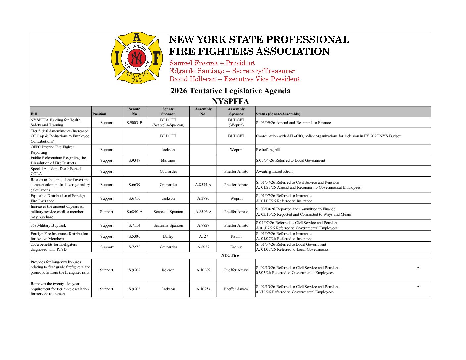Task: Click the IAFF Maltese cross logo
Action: [136, 58]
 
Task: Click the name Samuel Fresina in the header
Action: [194, 63]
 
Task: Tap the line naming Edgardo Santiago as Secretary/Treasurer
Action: [232, 71]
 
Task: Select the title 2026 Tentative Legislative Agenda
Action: [230, 91]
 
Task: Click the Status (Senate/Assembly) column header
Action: [278, 114]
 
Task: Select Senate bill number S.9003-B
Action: [134, 123]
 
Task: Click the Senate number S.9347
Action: [134, 160]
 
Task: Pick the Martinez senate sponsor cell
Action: [168, 160]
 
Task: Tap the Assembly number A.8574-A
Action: [203, 185]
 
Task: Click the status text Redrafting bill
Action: [268, 150]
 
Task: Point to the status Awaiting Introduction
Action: [274, 171]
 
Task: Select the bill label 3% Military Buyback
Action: [48, 225]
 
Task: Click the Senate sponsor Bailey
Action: [168, 236]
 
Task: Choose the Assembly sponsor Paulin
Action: [236, 236]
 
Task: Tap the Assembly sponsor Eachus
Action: [236, 247]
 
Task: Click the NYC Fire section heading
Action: [230, 255]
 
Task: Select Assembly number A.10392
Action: [203, 270]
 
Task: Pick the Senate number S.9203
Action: [134, 289]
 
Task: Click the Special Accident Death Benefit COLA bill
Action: [56, 171]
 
